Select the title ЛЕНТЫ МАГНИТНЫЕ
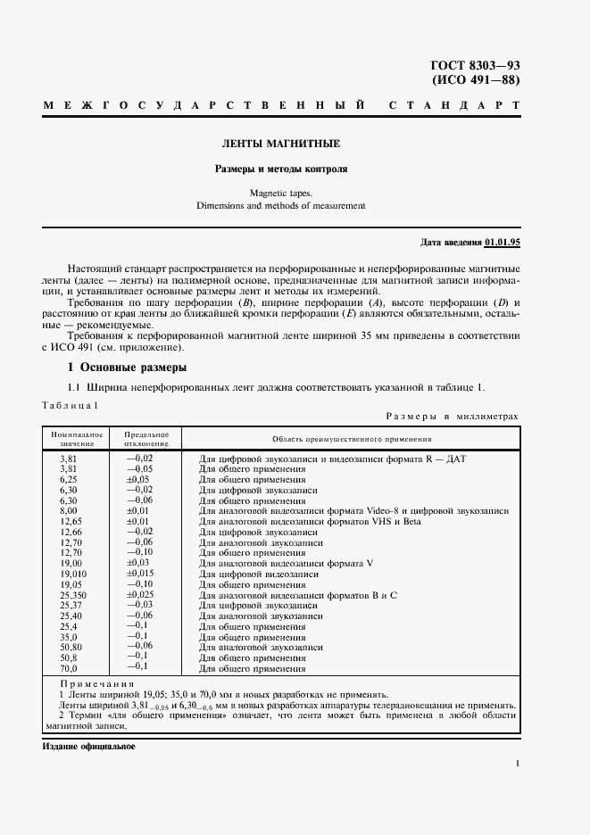pos(281,144)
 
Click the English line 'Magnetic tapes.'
pos(281,192)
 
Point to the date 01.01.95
pos(503,242)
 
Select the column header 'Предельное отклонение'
pos(147,438)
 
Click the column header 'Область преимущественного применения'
pos(352,438)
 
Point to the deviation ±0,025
pos(141,594)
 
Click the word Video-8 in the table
pos(382,511)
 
